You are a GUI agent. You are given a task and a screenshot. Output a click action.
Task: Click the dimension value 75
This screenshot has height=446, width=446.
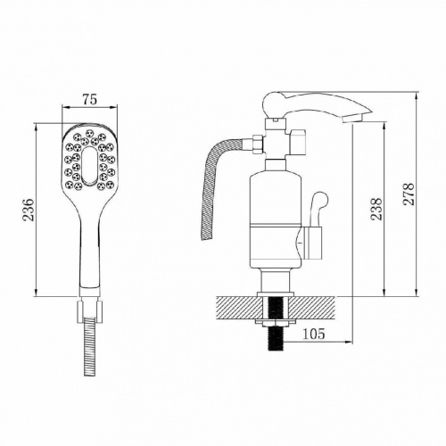pos(90,99)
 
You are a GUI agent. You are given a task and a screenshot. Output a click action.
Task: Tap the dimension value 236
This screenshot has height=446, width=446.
pos(29,210)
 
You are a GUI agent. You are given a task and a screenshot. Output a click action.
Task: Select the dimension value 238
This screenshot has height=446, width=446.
pos(376,209)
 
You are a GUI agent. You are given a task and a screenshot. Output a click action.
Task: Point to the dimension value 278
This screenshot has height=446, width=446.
pos(409,194)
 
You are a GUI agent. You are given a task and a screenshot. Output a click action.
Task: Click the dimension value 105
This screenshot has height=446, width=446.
pos(314,334)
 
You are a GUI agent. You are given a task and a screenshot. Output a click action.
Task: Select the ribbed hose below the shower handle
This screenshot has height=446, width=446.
pos(90,347)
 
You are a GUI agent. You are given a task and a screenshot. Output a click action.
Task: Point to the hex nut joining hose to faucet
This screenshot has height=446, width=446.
pos(258,145)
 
